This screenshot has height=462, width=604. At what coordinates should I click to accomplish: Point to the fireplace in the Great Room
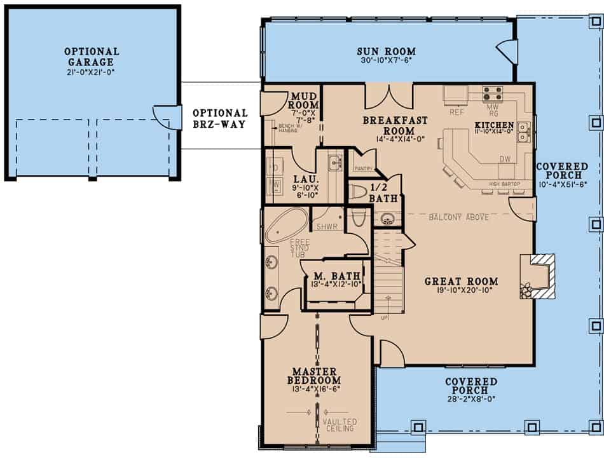(x=537, y=276)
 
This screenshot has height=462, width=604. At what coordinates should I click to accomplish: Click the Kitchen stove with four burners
(x=492, y=93)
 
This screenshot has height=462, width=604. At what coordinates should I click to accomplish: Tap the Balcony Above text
(x=458, y=217)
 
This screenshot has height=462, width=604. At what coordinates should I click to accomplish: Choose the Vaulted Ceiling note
(x=340, y=425)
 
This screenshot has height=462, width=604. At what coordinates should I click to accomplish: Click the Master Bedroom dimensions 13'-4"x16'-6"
(x=314, y=389)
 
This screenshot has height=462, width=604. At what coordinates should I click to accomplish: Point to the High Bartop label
(x=505, y=184)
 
